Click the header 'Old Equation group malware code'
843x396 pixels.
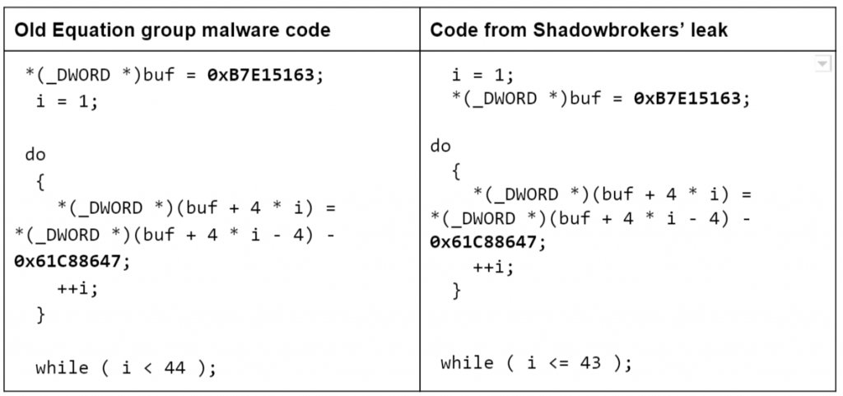coord(172,30)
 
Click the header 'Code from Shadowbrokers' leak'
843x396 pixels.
coord(579,30)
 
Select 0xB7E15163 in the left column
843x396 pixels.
coord(260,75)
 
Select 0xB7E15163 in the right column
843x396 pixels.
coord(687,98)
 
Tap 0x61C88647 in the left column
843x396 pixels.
coord(67,263)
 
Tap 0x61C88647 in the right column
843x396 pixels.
coord(482,242)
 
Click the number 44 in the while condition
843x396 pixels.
coord(175,368)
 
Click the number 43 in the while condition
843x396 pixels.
coord(590,364)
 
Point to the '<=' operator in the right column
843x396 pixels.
coord(559,364)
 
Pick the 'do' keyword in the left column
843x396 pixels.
coord(35,156)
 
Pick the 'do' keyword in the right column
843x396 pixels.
coord(440,147)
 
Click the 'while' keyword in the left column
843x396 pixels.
coord(62,368)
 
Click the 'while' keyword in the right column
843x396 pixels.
coord(467,364)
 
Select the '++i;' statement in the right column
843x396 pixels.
coord(494,267)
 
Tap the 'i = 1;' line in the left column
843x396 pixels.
coord(68,101)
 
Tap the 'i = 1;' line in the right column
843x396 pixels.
coord(482,75)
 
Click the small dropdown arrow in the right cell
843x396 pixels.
coord(822,64)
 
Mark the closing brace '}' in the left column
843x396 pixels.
coord(41,314)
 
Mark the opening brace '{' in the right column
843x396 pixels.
coord(456,172)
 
